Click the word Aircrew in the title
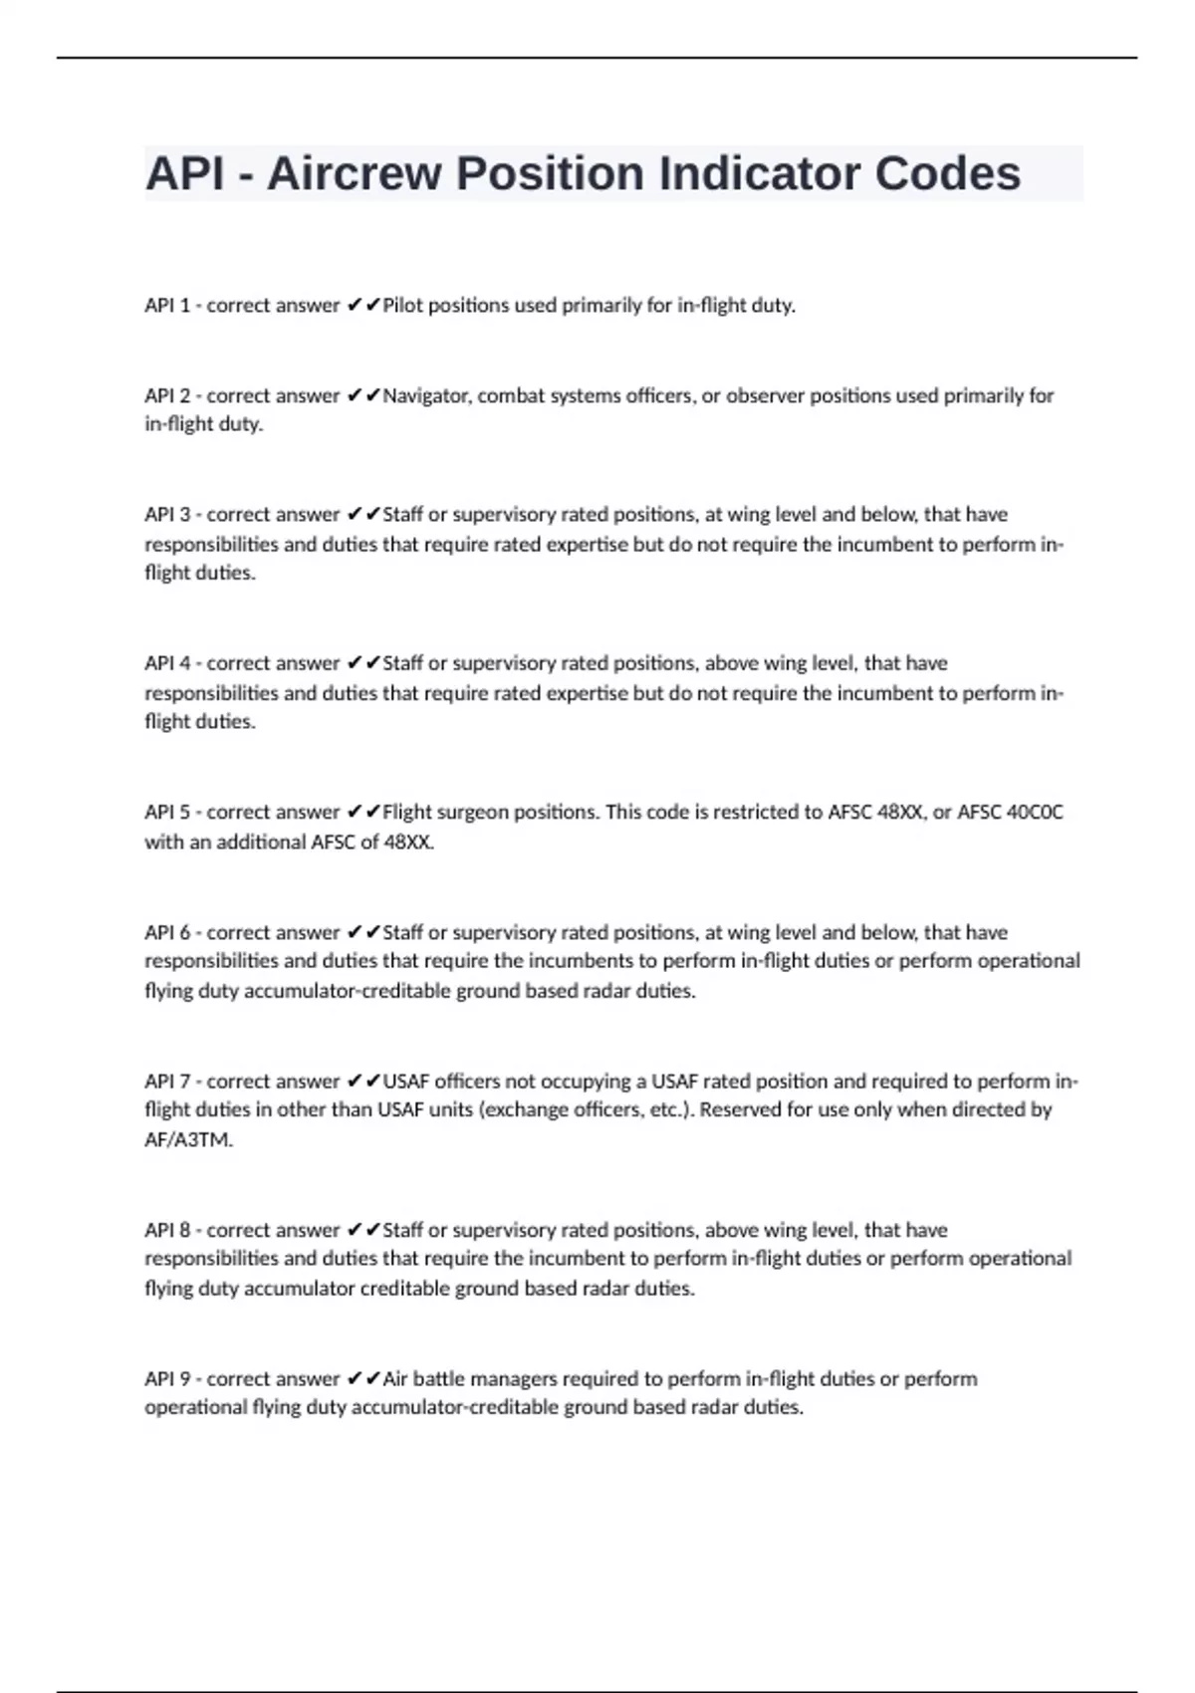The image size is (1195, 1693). (354, 174)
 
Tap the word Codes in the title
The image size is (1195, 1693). (948, 174)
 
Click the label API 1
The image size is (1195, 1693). (167, 306)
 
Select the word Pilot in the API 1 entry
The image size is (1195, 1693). (403, 306)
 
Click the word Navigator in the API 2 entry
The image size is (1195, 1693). (428, 396)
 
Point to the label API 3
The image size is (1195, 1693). (167, 515)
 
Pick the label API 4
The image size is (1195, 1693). (167, 663)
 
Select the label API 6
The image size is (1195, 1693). (167, 933)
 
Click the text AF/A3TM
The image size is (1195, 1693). (188, 1140)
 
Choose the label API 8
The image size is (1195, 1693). (167, 1230)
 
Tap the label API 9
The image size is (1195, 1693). (167, 1379)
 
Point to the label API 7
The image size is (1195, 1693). (167, 1082)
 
